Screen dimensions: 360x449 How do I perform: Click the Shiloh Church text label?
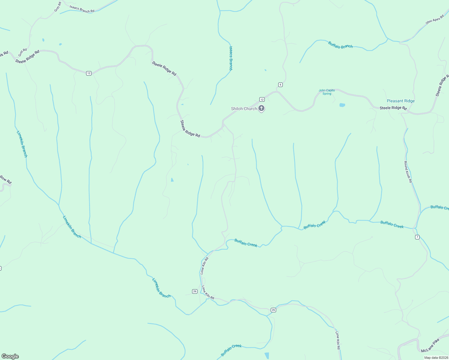244,109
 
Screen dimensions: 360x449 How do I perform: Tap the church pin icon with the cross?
261,108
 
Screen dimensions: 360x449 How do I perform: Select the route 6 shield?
280,85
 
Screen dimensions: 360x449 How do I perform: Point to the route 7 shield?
417,237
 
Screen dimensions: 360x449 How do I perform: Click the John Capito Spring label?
327,92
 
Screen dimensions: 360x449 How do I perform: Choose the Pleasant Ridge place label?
401,101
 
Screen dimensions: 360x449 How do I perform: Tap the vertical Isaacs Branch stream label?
231,58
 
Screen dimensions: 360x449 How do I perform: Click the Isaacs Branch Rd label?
82,9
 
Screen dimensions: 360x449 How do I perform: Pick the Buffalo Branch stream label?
340,45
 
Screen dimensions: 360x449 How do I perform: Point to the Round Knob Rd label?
408,172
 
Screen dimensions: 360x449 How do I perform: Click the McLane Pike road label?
430,346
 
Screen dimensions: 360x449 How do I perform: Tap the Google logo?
10,356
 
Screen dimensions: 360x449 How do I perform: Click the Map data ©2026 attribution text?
436,358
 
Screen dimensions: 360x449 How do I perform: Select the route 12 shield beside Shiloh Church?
262,99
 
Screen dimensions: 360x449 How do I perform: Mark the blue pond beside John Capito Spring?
342,105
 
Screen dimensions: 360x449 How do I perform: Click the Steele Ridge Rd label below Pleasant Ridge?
393,108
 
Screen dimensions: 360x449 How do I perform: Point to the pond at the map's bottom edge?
267,356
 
